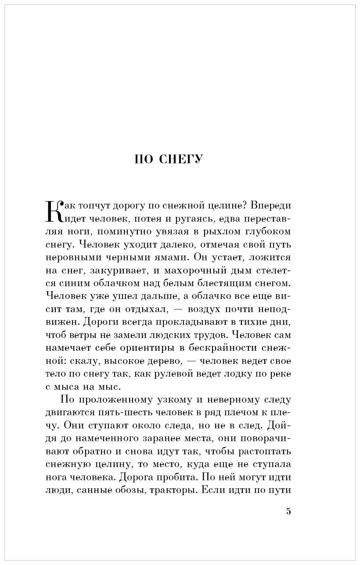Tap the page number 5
tap(288, 511)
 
